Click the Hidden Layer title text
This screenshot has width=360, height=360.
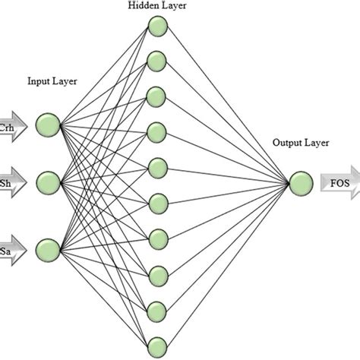[157, 6]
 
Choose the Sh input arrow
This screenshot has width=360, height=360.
[12, 182]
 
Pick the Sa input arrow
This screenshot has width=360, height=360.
[12, 249]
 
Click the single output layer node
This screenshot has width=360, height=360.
[300, 182]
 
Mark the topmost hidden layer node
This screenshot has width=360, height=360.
[157, 27]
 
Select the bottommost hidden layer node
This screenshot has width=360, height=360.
[157, 343]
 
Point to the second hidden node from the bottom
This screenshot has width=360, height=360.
[157, 308]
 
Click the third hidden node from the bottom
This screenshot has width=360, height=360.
[157, 273]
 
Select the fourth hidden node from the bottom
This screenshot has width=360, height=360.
[157, 237]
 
